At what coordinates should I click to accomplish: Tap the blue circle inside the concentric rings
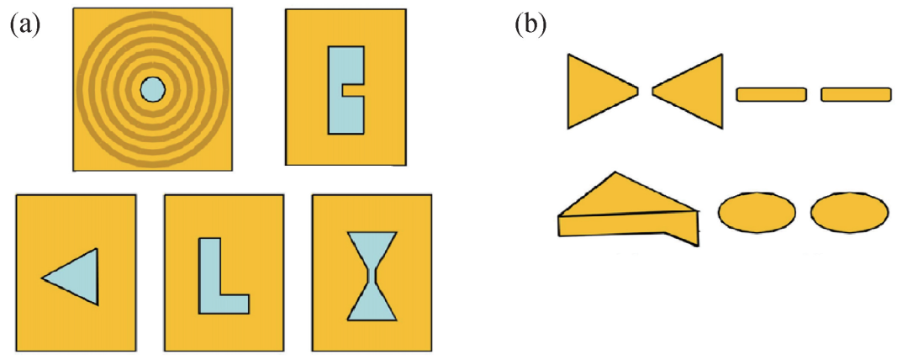pos(154,90)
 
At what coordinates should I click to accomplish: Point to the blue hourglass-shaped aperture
pos(372,276)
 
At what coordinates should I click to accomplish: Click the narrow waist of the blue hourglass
pos(372,276)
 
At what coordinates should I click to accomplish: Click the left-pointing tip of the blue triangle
pos(42,278)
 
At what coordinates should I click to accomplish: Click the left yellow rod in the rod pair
pos(771,94)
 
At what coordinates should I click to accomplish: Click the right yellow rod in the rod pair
pos(856,94)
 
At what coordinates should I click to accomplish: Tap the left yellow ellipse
pos(757,212)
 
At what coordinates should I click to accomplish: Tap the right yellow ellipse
pos(849,212)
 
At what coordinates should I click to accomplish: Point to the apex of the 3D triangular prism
pos(615,172)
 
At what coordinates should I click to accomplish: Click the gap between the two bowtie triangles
pos(646,91)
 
